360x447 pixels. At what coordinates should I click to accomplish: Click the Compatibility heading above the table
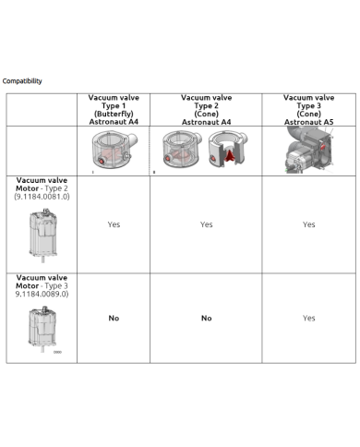pyautogui.click(x=22, y=81)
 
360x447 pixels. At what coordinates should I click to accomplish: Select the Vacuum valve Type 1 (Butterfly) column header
pyautogui.click(x=114, y=110)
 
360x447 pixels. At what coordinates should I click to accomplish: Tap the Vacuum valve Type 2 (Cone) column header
pyautogui.click(x=206, y=110)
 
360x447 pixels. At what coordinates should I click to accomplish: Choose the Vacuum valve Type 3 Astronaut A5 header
pyautogui.click(x=308, y=110)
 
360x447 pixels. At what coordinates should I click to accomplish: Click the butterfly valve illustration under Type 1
pyautogui.click(x=114, y=151)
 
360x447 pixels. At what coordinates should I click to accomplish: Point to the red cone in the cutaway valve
pyautogui.click(x=229, y=154)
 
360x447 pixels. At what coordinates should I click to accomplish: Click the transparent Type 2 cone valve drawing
pyautogui.click(x=182, y=150)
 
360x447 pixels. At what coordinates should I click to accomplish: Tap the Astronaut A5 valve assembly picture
pyautogui.click(x=309, y=150)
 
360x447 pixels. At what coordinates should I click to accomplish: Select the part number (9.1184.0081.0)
pyautogui.click(x=42, y=197)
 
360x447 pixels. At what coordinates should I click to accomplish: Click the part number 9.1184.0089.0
pyautogui.click(x=42, y=294)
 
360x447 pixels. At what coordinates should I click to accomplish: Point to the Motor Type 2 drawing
pyautogui.click(x=43, y=236)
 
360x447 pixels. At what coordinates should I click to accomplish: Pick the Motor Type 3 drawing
pyautogui.click(x=42, y=329)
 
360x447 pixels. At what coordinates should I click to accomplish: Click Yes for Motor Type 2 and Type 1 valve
pyautogui.click(x=114, y=224)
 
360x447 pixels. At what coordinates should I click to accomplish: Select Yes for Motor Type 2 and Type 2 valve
pyautogui.click(x=206, y=224)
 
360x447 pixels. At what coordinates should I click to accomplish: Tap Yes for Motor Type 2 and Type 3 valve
pyautogui.click(x=308, y=224)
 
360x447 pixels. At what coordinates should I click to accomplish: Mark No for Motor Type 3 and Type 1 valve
pyautogui.click(x=114, y=318)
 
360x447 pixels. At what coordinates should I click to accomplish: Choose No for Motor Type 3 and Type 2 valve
pyautogui.click(x=207, y=318)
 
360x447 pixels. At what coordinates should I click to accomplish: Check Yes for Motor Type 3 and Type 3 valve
pyautogui.click(x=308, y=318)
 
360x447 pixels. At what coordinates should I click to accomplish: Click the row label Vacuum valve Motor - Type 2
pyautogui.click(x=42, y=184)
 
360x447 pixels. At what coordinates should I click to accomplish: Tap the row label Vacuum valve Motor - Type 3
pyautogui.click(x=42, y=282)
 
